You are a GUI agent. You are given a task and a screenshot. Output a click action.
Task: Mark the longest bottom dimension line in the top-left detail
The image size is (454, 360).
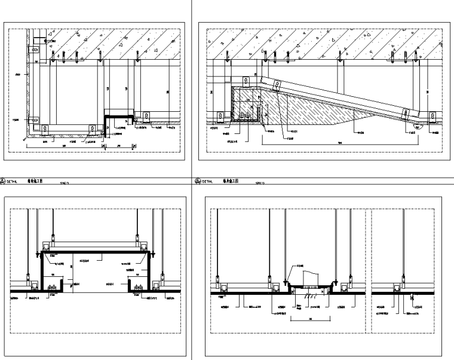66,145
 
